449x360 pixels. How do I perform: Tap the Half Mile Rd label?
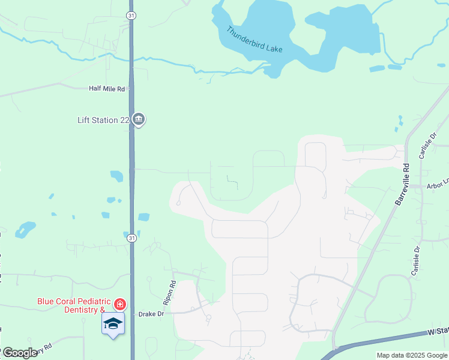click(106, 89)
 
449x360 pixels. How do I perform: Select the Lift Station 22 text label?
click(103, 120)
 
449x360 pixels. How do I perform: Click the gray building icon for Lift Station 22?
click(139, 120)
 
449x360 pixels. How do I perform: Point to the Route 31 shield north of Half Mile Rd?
click(131, 14)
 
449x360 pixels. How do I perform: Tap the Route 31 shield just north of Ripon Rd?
click(131, 238)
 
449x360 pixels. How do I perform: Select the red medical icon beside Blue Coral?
click(120, 305)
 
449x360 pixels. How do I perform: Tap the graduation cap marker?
click(113, 324)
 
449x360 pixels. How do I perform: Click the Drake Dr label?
click(151, 314)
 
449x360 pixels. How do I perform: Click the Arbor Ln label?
click(437, 186)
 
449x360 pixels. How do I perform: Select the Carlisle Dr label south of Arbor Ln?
click(415, 260)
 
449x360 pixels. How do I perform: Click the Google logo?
click(20, 353)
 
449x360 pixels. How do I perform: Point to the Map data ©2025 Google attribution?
click(411, 355)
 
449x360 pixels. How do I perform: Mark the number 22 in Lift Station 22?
click(124, 120)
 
